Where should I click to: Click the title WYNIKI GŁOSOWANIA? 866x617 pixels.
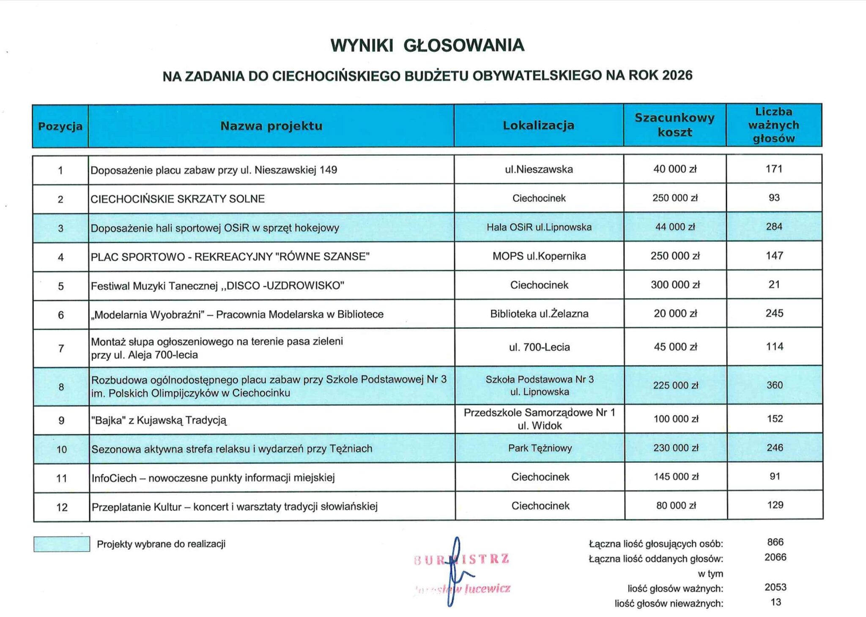427,45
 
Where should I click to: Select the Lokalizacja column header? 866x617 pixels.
538,125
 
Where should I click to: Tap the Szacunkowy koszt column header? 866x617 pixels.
674,125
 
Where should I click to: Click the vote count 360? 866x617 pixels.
775,385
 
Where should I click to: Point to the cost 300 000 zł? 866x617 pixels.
675,285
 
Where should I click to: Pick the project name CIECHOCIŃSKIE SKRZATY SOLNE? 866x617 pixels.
178,199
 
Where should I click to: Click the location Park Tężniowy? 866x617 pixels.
540,448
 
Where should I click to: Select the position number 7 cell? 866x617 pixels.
61,348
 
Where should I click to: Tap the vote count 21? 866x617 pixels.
774,284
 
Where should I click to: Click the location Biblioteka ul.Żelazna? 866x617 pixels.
539,314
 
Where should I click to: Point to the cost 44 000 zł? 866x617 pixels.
675,227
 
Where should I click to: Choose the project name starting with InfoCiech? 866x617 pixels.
213,478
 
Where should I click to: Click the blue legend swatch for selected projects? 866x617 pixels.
62,544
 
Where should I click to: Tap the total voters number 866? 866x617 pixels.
776,542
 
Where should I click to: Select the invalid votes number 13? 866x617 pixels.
776,602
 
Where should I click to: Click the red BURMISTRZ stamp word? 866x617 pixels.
462,559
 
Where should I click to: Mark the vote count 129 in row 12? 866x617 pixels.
775,505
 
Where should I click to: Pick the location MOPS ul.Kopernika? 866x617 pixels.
539,256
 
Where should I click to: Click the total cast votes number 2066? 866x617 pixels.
776,557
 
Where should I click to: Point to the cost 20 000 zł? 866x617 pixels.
675,314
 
